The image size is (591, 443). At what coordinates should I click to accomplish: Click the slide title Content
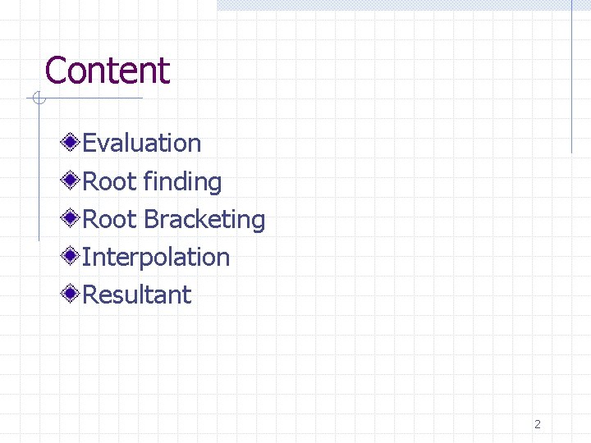pos(107,71)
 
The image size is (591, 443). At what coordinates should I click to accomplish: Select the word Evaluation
pos(142,144)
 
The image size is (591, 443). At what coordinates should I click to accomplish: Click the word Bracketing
pos(204,220)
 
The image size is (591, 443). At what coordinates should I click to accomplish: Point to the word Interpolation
pos(156,258)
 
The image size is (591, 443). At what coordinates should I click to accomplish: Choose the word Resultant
pos(137,295)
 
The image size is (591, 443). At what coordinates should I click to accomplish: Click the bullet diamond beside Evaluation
pos(72,144)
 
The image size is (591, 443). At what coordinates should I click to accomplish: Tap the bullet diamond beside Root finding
pos(72,181)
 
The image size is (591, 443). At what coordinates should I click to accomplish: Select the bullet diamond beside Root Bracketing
pos(72,219)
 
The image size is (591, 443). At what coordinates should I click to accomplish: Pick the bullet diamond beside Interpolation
pos(72,257)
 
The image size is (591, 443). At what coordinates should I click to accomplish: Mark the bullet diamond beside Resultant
pos(72,295)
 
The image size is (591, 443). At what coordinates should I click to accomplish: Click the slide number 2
pos(538,424)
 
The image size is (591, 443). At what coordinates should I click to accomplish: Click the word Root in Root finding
pos(110,181)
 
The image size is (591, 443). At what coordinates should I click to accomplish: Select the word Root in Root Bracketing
pos(110,220)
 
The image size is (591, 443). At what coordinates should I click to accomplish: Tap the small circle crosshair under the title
pos(37,99)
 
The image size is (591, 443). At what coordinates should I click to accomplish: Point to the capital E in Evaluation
pos(89,144)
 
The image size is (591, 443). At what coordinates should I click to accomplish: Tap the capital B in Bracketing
pos(150,220)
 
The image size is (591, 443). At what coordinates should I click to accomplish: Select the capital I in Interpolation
pos(85,258)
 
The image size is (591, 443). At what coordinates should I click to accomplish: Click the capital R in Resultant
pos(90,295)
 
